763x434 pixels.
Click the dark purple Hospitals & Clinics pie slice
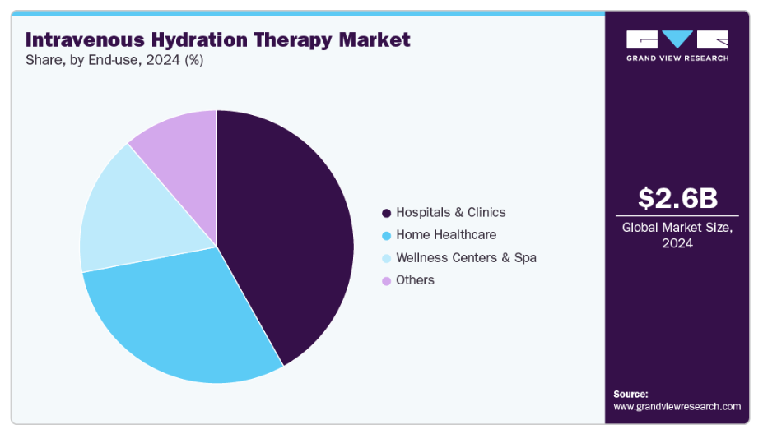point(288,230)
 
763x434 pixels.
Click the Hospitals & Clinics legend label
point(451,212)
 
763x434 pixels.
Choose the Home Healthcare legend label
point(446,235)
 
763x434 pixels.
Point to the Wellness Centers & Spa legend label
point(466,257)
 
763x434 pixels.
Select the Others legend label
point(415,280)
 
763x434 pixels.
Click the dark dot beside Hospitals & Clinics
point(386,213)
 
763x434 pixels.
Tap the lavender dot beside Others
point(386,281)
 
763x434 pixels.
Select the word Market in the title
point(375,39)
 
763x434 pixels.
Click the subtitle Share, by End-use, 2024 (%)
point(114,60)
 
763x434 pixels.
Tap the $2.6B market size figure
point(677,199)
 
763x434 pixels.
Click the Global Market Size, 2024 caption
point(677,236)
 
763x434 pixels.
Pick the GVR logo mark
point(677,39)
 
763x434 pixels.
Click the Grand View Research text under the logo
point(677,58)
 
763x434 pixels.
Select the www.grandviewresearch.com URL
point(677,407)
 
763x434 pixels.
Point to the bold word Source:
point(631,394)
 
